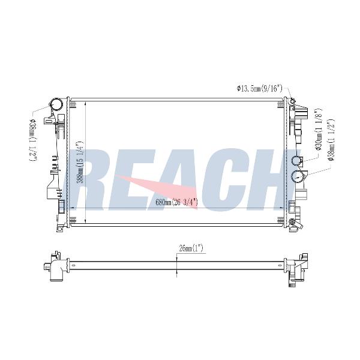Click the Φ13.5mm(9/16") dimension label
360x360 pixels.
point(259,88)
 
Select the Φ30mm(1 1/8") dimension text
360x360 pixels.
point(319,130)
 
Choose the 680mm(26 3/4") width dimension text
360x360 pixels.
point(177,203)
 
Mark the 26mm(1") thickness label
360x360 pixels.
point(191,248)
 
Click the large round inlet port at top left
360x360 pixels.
point(57,104)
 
